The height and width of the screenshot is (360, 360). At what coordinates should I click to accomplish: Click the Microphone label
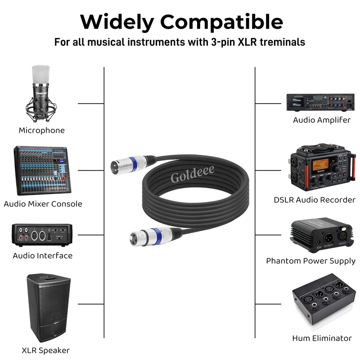coord(42,130)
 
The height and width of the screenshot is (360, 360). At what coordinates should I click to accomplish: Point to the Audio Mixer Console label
coord(43,204)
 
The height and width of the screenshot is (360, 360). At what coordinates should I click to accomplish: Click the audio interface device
coord(42,234)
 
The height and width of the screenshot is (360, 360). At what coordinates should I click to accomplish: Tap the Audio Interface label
coord(42,256)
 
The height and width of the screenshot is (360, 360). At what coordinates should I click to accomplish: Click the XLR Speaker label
coord(45,350)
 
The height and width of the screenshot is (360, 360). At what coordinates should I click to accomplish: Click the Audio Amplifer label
coord(322,120)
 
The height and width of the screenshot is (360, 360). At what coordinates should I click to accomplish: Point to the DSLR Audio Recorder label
coord(315,200)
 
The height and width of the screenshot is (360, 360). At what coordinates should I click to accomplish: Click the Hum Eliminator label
coord(321,338)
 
